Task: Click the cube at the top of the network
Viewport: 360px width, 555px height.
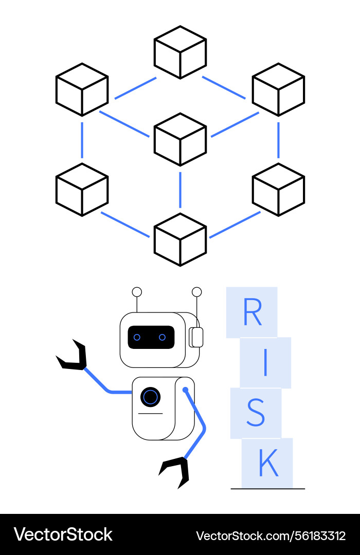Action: tap(180, 52)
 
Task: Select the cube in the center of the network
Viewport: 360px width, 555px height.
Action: tap(180, 139)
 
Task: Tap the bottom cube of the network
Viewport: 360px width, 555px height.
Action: tap(180, 239)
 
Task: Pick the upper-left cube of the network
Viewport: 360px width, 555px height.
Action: tap(82, 89)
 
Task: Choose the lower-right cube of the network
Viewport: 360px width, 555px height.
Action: tap(278, 189)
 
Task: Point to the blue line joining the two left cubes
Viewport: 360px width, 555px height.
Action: tap(82, 139)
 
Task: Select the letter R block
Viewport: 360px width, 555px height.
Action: tap(252, 312)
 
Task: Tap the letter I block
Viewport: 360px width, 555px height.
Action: tap(265, 363)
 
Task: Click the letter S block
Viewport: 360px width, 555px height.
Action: tap(256, 413)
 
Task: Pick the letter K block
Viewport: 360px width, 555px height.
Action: tap(267, 463)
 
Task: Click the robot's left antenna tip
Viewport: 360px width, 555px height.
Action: tap(137, 292)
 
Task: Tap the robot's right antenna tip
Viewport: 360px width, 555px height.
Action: tap(196, 292)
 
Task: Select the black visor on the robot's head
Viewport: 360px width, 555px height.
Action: tap(151, 337)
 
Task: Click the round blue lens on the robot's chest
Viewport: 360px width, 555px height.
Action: tap(150, 397)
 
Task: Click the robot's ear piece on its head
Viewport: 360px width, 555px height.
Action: tap(196, 337)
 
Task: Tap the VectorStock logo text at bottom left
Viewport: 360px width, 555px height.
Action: tap(63, 534)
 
